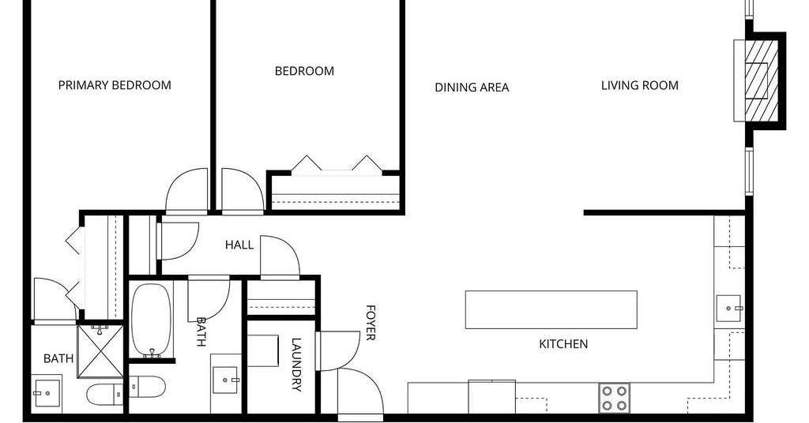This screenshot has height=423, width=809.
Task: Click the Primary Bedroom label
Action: click(x=115, y=85)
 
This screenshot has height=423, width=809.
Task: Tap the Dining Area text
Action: click(x=472, y=88)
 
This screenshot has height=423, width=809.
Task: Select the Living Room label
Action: click(x=640, y=85)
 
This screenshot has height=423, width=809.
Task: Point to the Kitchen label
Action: click(x=563, y=344)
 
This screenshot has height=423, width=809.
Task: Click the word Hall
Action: click(x=239, y=245)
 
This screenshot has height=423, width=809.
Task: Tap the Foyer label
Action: click(x=371, y=323)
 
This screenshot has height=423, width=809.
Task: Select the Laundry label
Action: click(x=296, y=365)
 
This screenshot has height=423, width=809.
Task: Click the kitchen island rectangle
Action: click(x=551, y=309)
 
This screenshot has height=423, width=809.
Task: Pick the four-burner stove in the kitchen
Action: click(x=615, y=398)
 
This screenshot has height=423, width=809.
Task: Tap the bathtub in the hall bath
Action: click(x=151, y=320)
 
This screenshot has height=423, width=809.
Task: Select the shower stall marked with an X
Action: click(x=100, y=351)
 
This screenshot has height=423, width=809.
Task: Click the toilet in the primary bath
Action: click(x=105, y=395)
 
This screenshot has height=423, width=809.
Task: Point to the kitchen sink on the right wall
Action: click(x=728, y=309)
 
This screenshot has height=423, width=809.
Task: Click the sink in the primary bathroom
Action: click(x=45, y=393)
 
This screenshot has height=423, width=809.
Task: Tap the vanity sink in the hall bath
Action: click(x=225, y=380)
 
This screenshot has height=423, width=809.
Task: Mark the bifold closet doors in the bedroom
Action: click(x=337, y=163)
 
